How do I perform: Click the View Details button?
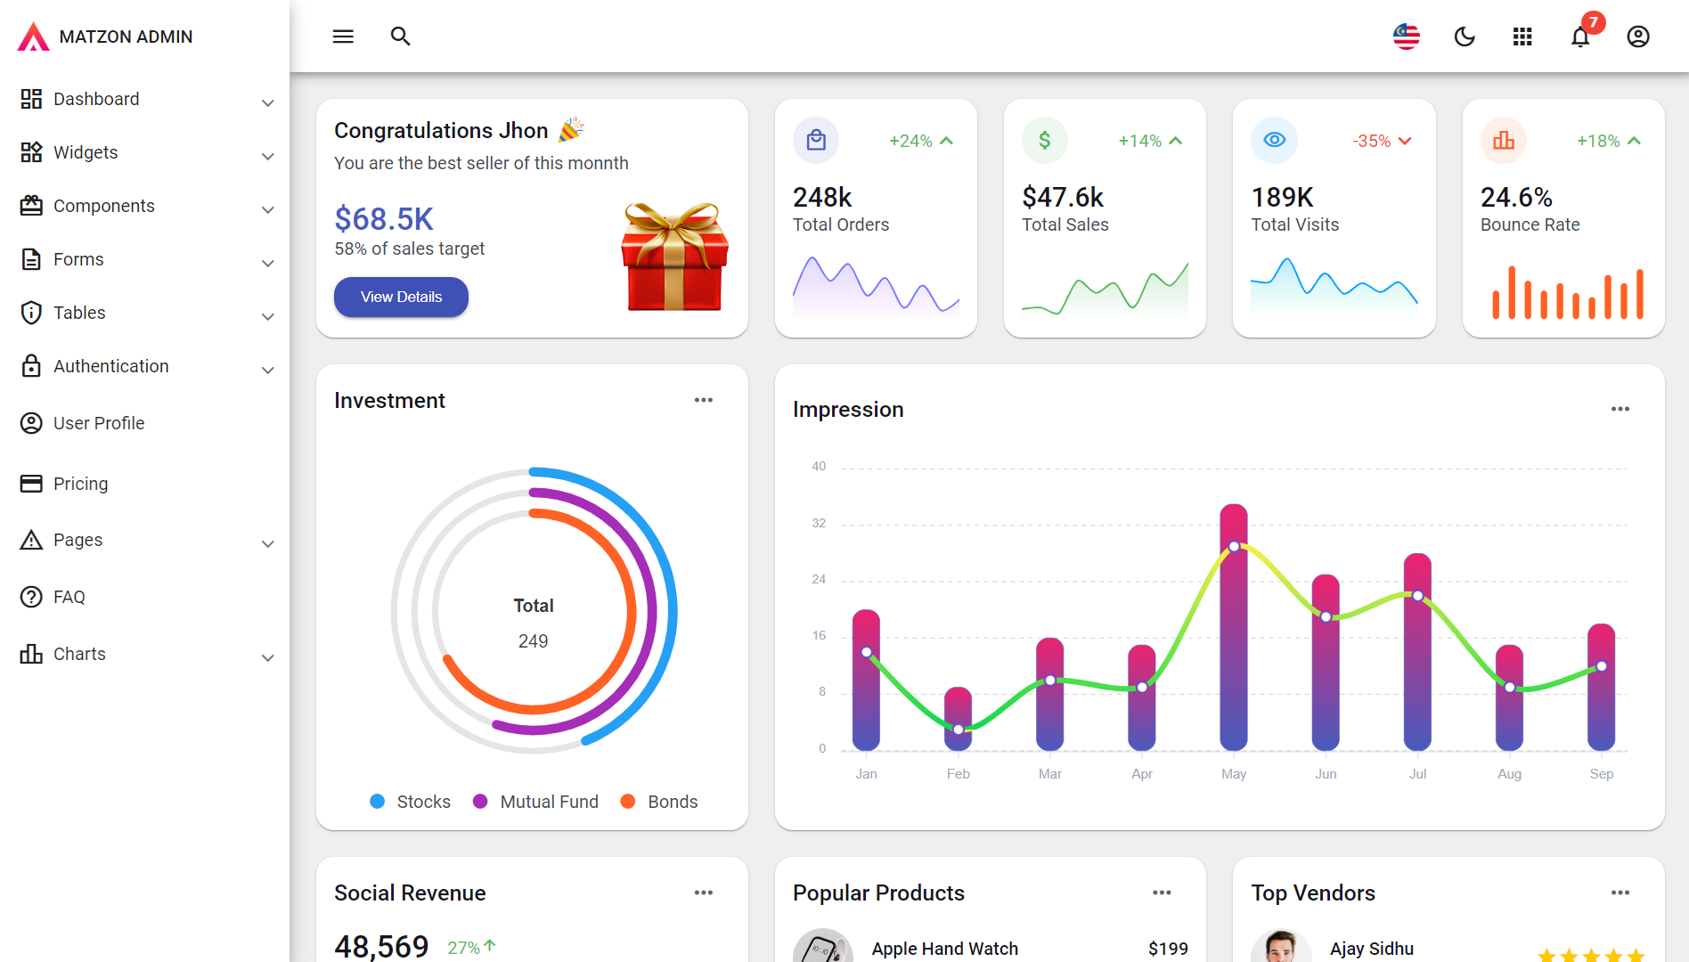[401, 297]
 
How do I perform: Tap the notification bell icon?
[1579, 37]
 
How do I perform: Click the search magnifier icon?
[400, 37]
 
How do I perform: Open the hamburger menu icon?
[343, 37]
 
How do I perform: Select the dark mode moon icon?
[1464, 37]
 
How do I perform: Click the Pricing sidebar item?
[80, 484]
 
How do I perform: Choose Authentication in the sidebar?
[110, 366]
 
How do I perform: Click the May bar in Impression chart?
[1233, 641]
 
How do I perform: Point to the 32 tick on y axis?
[819, 523]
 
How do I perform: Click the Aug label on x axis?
[1509, 774]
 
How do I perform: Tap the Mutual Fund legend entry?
[548, 802]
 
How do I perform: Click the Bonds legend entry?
[672, 802]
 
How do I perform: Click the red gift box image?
[674, 257]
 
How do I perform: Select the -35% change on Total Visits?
[1372, 141]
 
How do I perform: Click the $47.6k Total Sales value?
[1063, 197]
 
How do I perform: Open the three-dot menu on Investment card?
[703, 400]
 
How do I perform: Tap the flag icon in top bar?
[1406, 37]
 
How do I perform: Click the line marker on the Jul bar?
[1417, 596]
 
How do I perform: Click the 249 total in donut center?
[533, 641]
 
